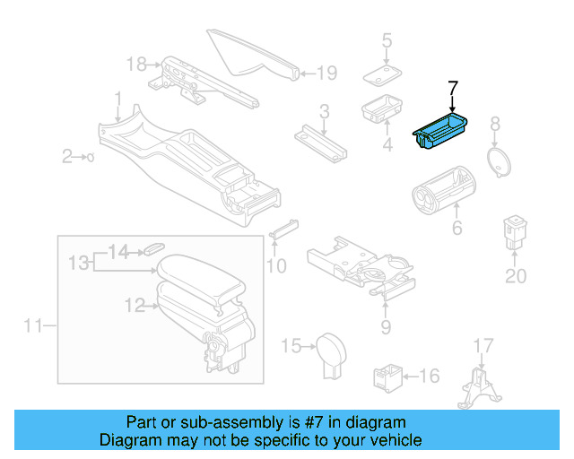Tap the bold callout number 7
click(x=453, y=88)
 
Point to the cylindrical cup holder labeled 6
click(x=443, y=187)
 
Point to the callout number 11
click(x=32, y=326)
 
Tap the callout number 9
click(x=386, y=327)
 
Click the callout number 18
click(x=135, y=64)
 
